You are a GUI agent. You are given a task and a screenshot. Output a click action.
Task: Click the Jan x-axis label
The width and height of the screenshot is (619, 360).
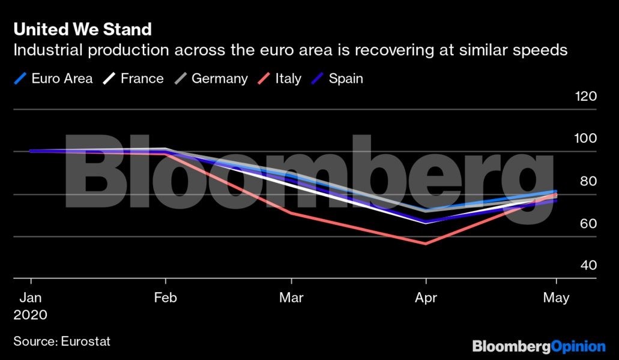(x=31, y=298)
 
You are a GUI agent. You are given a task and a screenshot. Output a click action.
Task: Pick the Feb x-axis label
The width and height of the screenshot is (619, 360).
(x=165, y=298)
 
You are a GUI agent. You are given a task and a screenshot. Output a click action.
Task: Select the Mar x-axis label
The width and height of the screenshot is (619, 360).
(x=291, y=298)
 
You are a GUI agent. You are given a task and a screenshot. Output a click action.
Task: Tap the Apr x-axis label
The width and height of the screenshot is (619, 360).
(x=426, y=298)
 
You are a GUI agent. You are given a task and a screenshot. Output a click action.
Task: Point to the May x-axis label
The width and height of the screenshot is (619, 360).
(x=557, y=298)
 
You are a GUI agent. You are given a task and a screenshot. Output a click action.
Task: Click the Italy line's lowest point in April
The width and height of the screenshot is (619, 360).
(x=426, y=244)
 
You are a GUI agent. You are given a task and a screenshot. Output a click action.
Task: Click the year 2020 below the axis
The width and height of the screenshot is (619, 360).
(x=31, y=315)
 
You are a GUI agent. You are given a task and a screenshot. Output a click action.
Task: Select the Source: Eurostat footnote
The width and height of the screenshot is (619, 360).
(x=62, y=341)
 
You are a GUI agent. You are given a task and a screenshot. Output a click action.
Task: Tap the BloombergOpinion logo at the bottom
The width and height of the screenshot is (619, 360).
(x=539, y=346)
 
